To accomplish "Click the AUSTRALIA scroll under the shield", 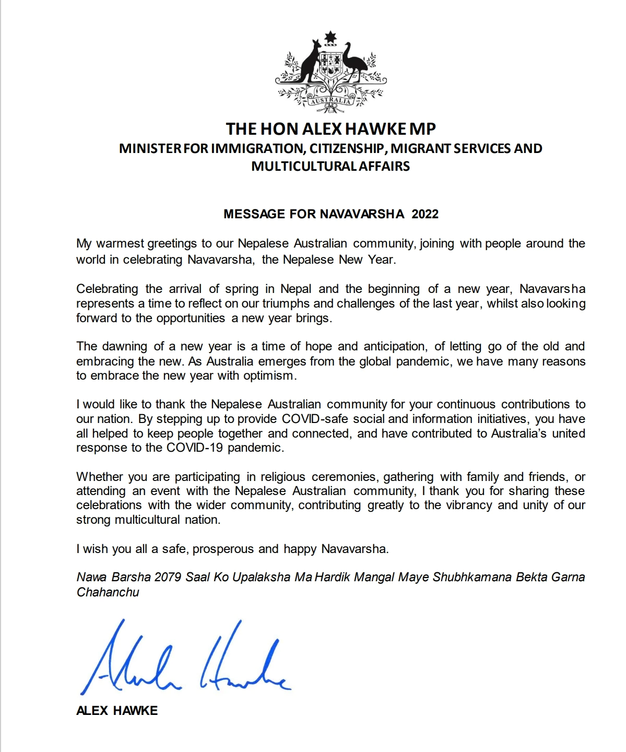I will click(x=330, y=101).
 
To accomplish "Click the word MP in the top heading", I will click(x=424, y=128).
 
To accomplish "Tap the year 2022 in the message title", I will click(x=425, y=214).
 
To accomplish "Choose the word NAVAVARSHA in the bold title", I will click(x=366, y=214).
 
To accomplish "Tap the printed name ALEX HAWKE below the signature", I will click(x=117, y=710).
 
